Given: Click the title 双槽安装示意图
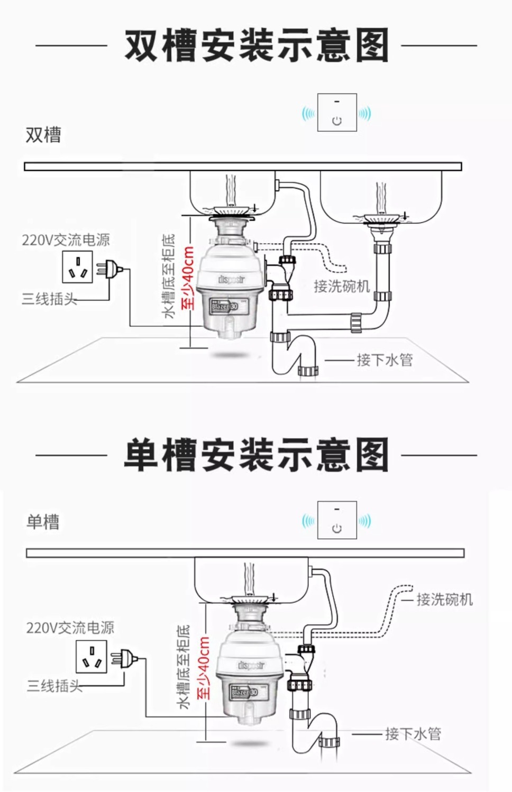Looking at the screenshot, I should pos(257,46).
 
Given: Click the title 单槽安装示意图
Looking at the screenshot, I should pos(257,455).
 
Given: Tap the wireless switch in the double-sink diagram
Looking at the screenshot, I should pos(337,113).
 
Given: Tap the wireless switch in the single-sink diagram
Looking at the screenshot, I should pos(337,520).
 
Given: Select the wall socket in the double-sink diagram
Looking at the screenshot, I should pos(78,267).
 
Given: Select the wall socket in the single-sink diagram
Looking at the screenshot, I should pos(92,657).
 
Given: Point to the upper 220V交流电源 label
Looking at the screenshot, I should pos(66,240).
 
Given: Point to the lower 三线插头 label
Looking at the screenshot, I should pos(54,686).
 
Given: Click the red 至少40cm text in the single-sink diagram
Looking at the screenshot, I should pos(204,668).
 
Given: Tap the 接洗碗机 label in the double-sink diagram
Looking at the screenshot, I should pos(342,287).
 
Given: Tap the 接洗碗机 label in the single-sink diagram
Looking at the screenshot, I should pos(444,600).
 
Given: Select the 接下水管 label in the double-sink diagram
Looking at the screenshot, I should pos(385,360).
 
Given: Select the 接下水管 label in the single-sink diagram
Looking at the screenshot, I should pos(413,734).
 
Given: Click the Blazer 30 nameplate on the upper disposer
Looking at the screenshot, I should pos(224,306).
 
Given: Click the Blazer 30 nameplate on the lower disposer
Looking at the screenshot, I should pos(244,692).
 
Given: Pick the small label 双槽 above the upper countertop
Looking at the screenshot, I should pos(43,135).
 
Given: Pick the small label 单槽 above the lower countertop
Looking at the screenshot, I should pos(43,522).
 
